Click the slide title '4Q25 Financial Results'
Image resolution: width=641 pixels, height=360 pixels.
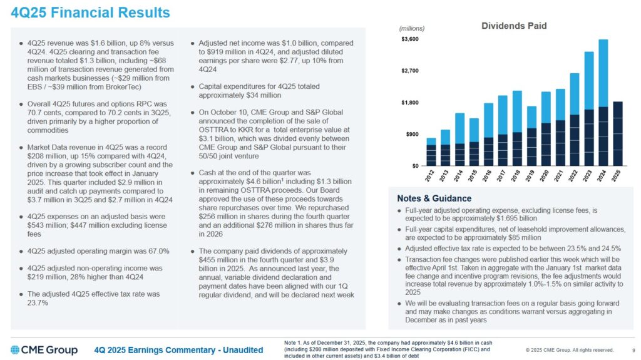(x=91, y=13)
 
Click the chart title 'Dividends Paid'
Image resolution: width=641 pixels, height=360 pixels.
(x=513, y=26)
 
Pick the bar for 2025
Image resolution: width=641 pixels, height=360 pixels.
(x=617, y=134)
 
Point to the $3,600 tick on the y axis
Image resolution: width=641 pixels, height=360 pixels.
(x=410, y=39)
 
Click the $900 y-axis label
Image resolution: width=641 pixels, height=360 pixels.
(x=412, y=134)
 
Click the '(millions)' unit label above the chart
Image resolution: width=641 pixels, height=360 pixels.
(x=411, y=28)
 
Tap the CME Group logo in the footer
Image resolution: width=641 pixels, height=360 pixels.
(x=44, y=349)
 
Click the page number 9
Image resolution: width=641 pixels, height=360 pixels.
(x=626, y=350)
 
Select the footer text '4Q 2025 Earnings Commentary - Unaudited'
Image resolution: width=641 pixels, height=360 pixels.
(x=178, y=350)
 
